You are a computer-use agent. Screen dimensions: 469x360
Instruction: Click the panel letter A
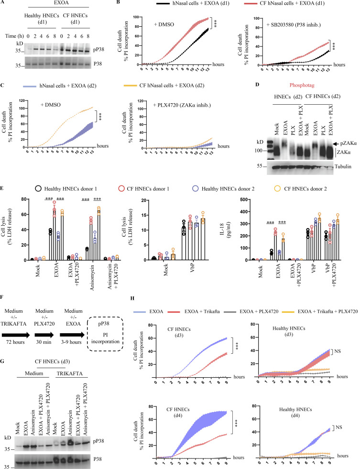[x=4, y=4]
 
